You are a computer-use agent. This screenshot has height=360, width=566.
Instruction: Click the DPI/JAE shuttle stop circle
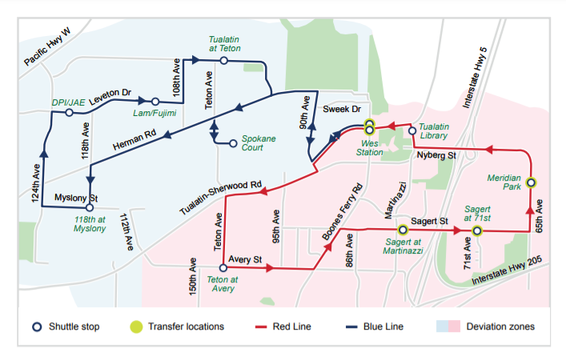pos(70,113)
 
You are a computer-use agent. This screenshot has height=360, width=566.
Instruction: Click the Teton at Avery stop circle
pos(223,267)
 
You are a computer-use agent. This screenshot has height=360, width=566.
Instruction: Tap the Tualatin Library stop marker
pos(412,130)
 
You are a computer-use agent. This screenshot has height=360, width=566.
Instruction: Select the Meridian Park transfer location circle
pos(531,182)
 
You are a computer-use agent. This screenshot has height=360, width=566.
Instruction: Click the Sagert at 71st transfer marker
pos(476,231)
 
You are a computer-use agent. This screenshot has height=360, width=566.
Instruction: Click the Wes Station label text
pos(369,146)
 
